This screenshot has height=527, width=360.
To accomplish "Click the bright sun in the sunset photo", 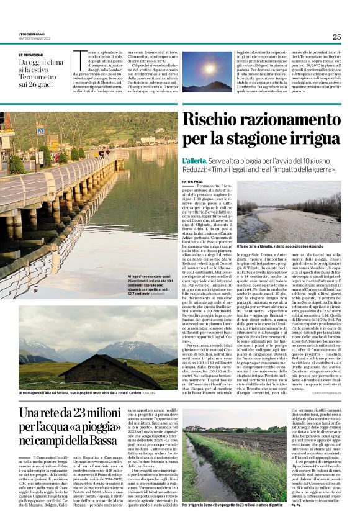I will (x=208, y=66).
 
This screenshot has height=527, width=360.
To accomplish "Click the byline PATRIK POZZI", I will (x=193, y=182).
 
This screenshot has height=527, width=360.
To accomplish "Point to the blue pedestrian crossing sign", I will (x=40, y=131).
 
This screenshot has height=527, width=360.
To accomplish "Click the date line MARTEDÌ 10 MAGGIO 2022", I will (x=34, y=38).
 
